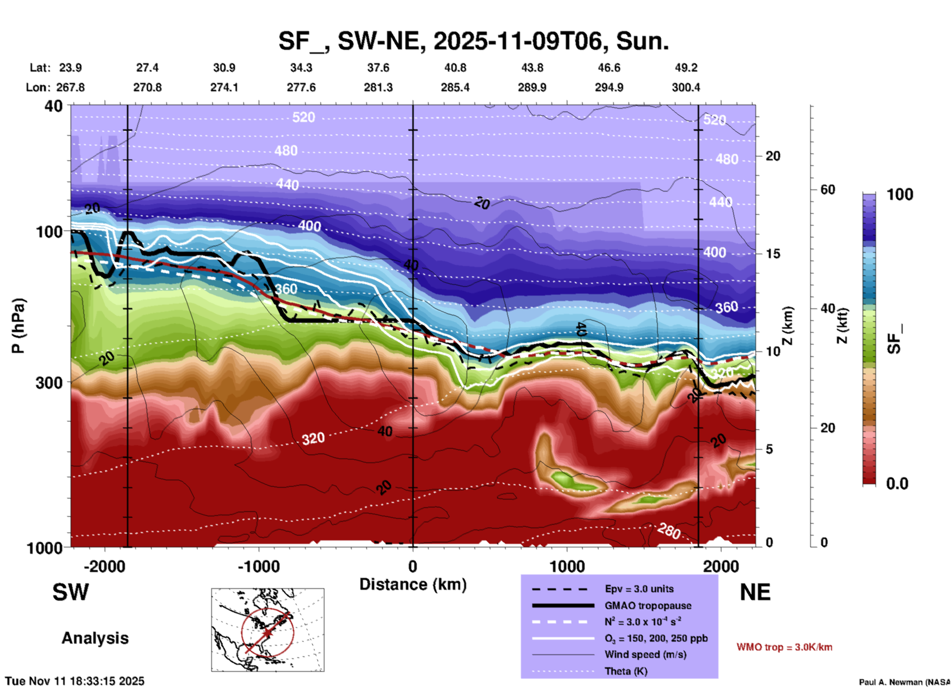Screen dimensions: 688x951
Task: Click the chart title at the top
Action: [474, 41]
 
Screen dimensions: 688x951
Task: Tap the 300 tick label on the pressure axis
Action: [49, 382]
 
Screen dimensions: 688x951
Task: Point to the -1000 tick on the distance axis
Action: [258, 566]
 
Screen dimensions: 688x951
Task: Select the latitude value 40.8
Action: [455, 68]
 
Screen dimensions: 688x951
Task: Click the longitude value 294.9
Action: [609, 87]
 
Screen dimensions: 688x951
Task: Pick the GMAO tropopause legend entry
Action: [648, 606]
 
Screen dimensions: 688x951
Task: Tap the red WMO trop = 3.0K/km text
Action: [784, 647]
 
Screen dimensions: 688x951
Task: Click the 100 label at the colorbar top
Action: [900, 194]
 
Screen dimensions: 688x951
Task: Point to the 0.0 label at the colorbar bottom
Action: [897, 484]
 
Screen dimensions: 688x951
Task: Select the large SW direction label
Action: [71, 592]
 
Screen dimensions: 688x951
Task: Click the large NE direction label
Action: [755, 592]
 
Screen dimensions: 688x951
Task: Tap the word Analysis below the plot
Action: [95, 638]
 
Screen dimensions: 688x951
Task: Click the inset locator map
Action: [268, 630]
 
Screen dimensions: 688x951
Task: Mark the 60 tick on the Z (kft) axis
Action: [828, 190]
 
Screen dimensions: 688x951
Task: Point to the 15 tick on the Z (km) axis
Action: [773, 254]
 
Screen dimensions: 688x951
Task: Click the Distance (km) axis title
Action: [413, 584]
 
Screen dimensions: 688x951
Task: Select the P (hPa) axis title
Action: [18, 326]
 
